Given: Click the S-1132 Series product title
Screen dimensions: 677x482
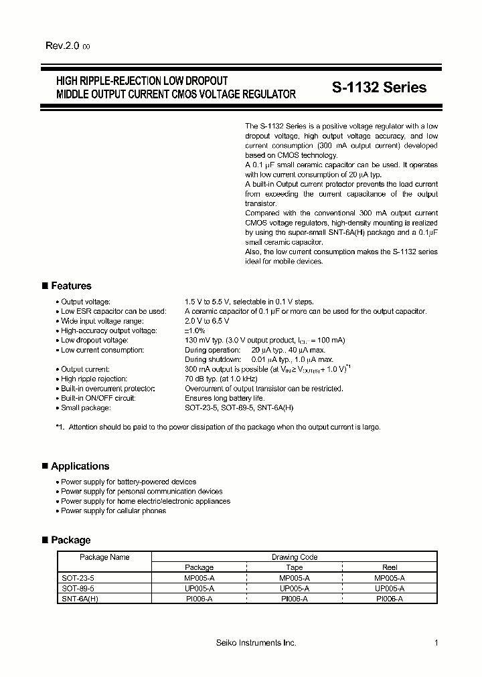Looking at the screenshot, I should pyautogui.click(x=379, y=88).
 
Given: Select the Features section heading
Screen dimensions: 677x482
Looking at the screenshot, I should pyautogui.click(x=71, y=286).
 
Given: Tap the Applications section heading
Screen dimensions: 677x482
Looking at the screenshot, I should pyautogui.click(x=80, y=466).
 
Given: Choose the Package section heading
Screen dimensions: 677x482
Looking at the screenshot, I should pyautogui.click(x=70, y=540).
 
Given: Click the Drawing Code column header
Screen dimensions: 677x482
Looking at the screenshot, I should pyautogui.click(x=294, y=557).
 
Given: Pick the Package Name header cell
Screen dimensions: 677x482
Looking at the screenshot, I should pyautogui.click(x=104, y=557).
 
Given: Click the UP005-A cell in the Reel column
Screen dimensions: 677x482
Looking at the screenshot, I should pyautogui.click(x=389, y=588).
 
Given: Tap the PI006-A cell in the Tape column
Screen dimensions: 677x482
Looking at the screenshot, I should pyautogui.click(x=294, y=599).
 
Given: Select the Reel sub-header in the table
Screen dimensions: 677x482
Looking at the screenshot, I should pyautogui.click(x=389, y=567).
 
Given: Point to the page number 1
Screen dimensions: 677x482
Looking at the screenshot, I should pyautogui.click(x=436, y=643).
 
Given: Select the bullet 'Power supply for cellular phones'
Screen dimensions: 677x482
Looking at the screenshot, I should pyautogui.click(x=113, y=510).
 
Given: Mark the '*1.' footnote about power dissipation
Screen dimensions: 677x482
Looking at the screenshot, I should pyautogui.click(x=218, y=427).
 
